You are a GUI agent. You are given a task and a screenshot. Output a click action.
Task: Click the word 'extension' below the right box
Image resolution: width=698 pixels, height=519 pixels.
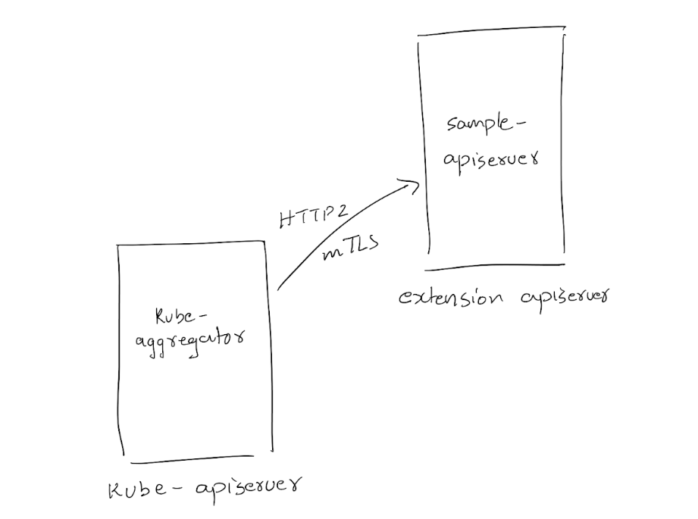click(x=451, y=297)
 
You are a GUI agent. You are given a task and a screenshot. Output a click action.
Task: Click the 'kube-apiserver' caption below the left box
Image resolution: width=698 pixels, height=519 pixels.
click(x=205, y=489)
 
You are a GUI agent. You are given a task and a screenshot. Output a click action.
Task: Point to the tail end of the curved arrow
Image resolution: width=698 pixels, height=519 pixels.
click(x=279, y=289)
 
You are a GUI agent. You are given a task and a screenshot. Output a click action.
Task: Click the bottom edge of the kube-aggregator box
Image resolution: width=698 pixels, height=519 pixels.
click(x=201, y=461)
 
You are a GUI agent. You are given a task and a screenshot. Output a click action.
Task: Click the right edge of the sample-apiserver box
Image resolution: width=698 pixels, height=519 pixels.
click(x=563, y=152)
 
